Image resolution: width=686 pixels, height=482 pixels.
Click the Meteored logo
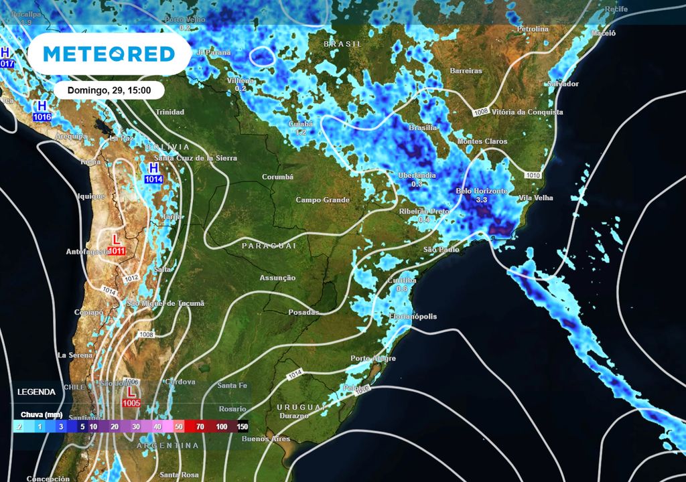point(109,54)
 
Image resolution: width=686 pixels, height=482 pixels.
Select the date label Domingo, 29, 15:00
point(109,90)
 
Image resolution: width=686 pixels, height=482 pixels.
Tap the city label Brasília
point(422,127)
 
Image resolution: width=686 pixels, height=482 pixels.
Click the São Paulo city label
point(441,249)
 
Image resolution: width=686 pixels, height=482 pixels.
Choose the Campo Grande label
point(323,200)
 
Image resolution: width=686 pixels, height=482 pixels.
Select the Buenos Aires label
point(266,439)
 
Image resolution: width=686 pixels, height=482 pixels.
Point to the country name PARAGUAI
point(269,246)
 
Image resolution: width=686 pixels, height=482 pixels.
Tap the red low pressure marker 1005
point(131,396)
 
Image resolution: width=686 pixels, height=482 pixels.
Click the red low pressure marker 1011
point(116,245)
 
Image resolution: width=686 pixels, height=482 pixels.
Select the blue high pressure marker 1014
point(153,173)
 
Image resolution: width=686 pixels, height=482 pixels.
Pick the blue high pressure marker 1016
point(42,111)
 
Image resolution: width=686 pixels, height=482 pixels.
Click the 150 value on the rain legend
point(242,426)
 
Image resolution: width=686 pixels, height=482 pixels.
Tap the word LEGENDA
point(38,392)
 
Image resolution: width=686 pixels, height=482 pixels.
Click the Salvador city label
point(562,84)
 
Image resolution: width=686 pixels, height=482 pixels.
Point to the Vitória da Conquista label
point(527,112)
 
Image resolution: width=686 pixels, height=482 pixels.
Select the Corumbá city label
point(277,177)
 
